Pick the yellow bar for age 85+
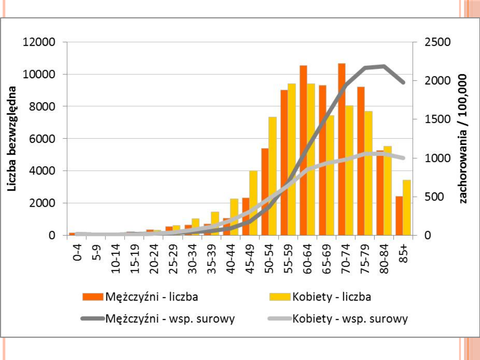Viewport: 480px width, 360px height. tap(407, 208)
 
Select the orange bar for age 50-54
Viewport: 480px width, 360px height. tap(265, 192)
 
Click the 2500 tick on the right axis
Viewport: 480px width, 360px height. tap(437, 42)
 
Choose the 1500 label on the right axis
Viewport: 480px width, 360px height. tap(437, 120)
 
